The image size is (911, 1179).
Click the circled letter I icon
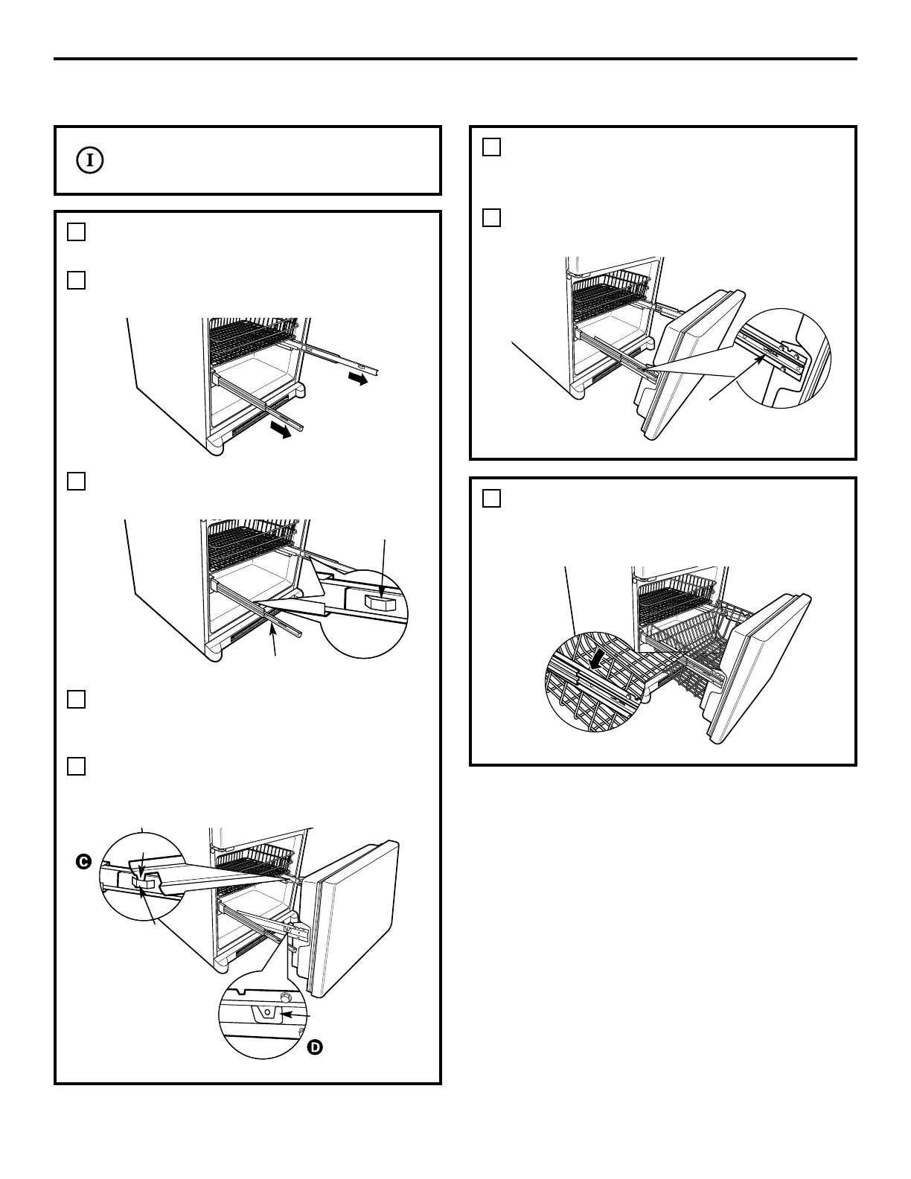click(90, 160)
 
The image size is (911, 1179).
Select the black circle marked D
click(315, 1047)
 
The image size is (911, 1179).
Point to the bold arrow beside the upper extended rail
click(357, 380)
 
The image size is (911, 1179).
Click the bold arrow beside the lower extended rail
click(280, 431)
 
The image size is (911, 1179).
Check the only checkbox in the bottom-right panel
click(491, 498)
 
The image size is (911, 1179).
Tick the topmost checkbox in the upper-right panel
click(491, 147)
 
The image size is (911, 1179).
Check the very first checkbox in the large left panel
click(76, 232)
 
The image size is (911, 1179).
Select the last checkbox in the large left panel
click(76, 766)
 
